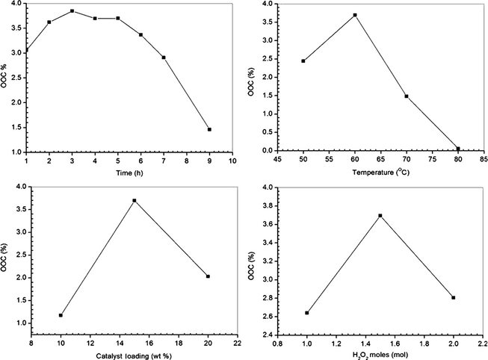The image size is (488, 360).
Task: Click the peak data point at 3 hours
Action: pyautogui.click(x=72, y=11)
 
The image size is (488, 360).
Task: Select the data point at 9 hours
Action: pyautogui.click(x=209, y=129)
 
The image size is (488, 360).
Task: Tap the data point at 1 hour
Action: pyautogui.click(x=27, y=51)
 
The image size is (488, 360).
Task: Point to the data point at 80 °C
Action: pyautogui.click(x=458, y=149)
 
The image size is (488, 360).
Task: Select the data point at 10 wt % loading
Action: pyautogui.click(x=61, y=315)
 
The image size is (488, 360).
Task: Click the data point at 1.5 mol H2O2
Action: pyautogui.click(x=380, y=216)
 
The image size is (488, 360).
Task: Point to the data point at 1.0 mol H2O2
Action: pyautogui.click(x=307, y=313)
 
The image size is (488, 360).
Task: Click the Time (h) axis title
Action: pyautogui.click(x=129, y=173)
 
